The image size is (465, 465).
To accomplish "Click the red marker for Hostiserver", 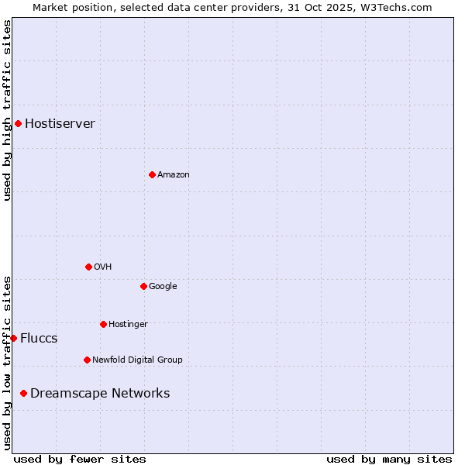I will coord(18,123).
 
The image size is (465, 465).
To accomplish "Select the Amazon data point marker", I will coord(152,174).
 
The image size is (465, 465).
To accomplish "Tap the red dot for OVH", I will coord(88,267).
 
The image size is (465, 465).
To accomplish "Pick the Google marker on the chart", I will coord(143,286).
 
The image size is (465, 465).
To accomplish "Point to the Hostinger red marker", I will coord(103,324).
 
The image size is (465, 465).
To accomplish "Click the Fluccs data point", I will coord(13,338).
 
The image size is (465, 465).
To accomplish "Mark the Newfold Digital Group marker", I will coord(87,360).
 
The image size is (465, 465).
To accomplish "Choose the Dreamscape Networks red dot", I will coord(23,394).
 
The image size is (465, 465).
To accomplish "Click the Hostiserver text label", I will coord(60,124).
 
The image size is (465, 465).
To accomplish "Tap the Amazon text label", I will coord(173,175).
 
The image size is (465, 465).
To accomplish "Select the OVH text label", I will coord(102,267).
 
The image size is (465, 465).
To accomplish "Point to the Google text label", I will coord(163,287).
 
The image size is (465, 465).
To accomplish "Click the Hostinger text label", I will coord(128,324).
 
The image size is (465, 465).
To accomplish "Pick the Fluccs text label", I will coord(39,339).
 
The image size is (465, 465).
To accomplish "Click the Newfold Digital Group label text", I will coord(137,360).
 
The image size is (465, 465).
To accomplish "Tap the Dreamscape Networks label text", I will coord(100,394).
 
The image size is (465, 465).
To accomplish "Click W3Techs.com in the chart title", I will coord(403,7).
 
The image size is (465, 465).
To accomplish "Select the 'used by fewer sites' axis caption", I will coord(80,459).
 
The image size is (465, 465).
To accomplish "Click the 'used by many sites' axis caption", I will coord(389,459).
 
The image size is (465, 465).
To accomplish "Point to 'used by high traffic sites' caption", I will coord(7,110).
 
